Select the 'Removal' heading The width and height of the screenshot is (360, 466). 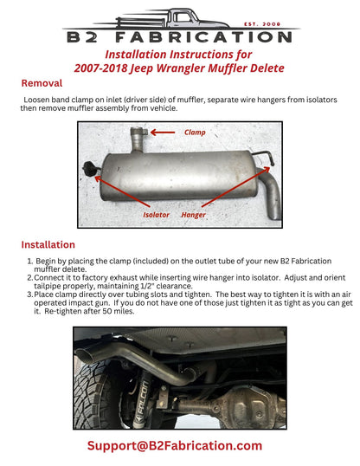pos(42,84)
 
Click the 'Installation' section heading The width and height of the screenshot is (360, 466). pos(48,244)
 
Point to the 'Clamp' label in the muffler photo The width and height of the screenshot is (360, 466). pos(196,133)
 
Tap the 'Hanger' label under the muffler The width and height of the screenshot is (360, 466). pos(193,212)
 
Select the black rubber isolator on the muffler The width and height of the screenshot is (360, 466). pos(87,167)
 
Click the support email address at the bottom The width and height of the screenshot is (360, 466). pos(174,445)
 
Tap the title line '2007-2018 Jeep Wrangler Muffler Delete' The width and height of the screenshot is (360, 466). pos(180,68)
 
